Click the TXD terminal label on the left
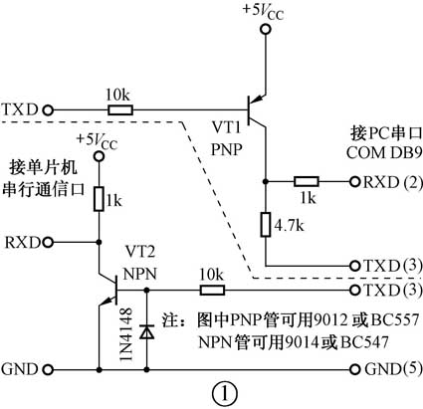22,106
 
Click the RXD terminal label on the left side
23,242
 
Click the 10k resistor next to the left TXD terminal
120,106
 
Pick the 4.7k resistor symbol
265,225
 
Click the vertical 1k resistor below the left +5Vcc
100,199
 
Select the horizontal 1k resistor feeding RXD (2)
307,182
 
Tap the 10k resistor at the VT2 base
211,291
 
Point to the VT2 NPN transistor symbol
109,291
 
